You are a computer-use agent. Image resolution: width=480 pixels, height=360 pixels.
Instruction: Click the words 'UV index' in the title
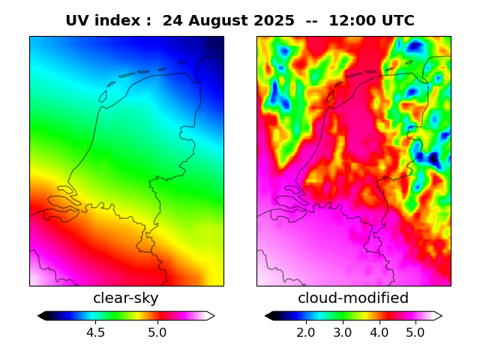tap(98, 21)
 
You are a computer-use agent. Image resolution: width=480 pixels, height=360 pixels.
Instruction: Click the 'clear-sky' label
tap(126, 298)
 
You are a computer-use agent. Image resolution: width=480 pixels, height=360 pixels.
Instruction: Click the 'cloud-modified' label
tap(353, 298)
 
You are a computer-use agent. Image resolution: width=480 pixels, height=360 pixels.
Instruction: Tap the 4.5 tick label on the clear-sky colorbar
tap(96, 332)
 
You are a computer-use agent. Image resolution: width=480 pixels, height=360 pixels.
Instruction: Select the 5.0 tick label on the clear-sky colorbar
tap(157, 332)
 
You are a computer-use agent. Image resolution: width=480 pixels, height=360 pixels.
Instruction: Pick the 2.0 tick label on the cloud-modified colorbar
tap(305, 332)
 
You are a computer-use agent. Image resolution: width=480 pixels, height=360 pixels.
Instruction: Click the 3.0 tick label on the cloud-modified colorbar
tap(342, 332)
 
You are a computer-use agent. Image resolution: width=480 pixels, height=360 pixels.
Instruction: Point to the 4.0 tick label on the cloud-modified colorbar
tap(379, 332)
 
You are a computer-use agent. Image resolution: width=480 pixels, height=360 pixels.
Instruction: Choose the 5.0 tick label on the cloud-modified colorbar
tap(415, 332)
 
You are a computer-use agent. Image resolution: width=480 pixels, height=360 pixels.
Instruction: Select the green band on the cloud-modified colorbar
tap(337, 316)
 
